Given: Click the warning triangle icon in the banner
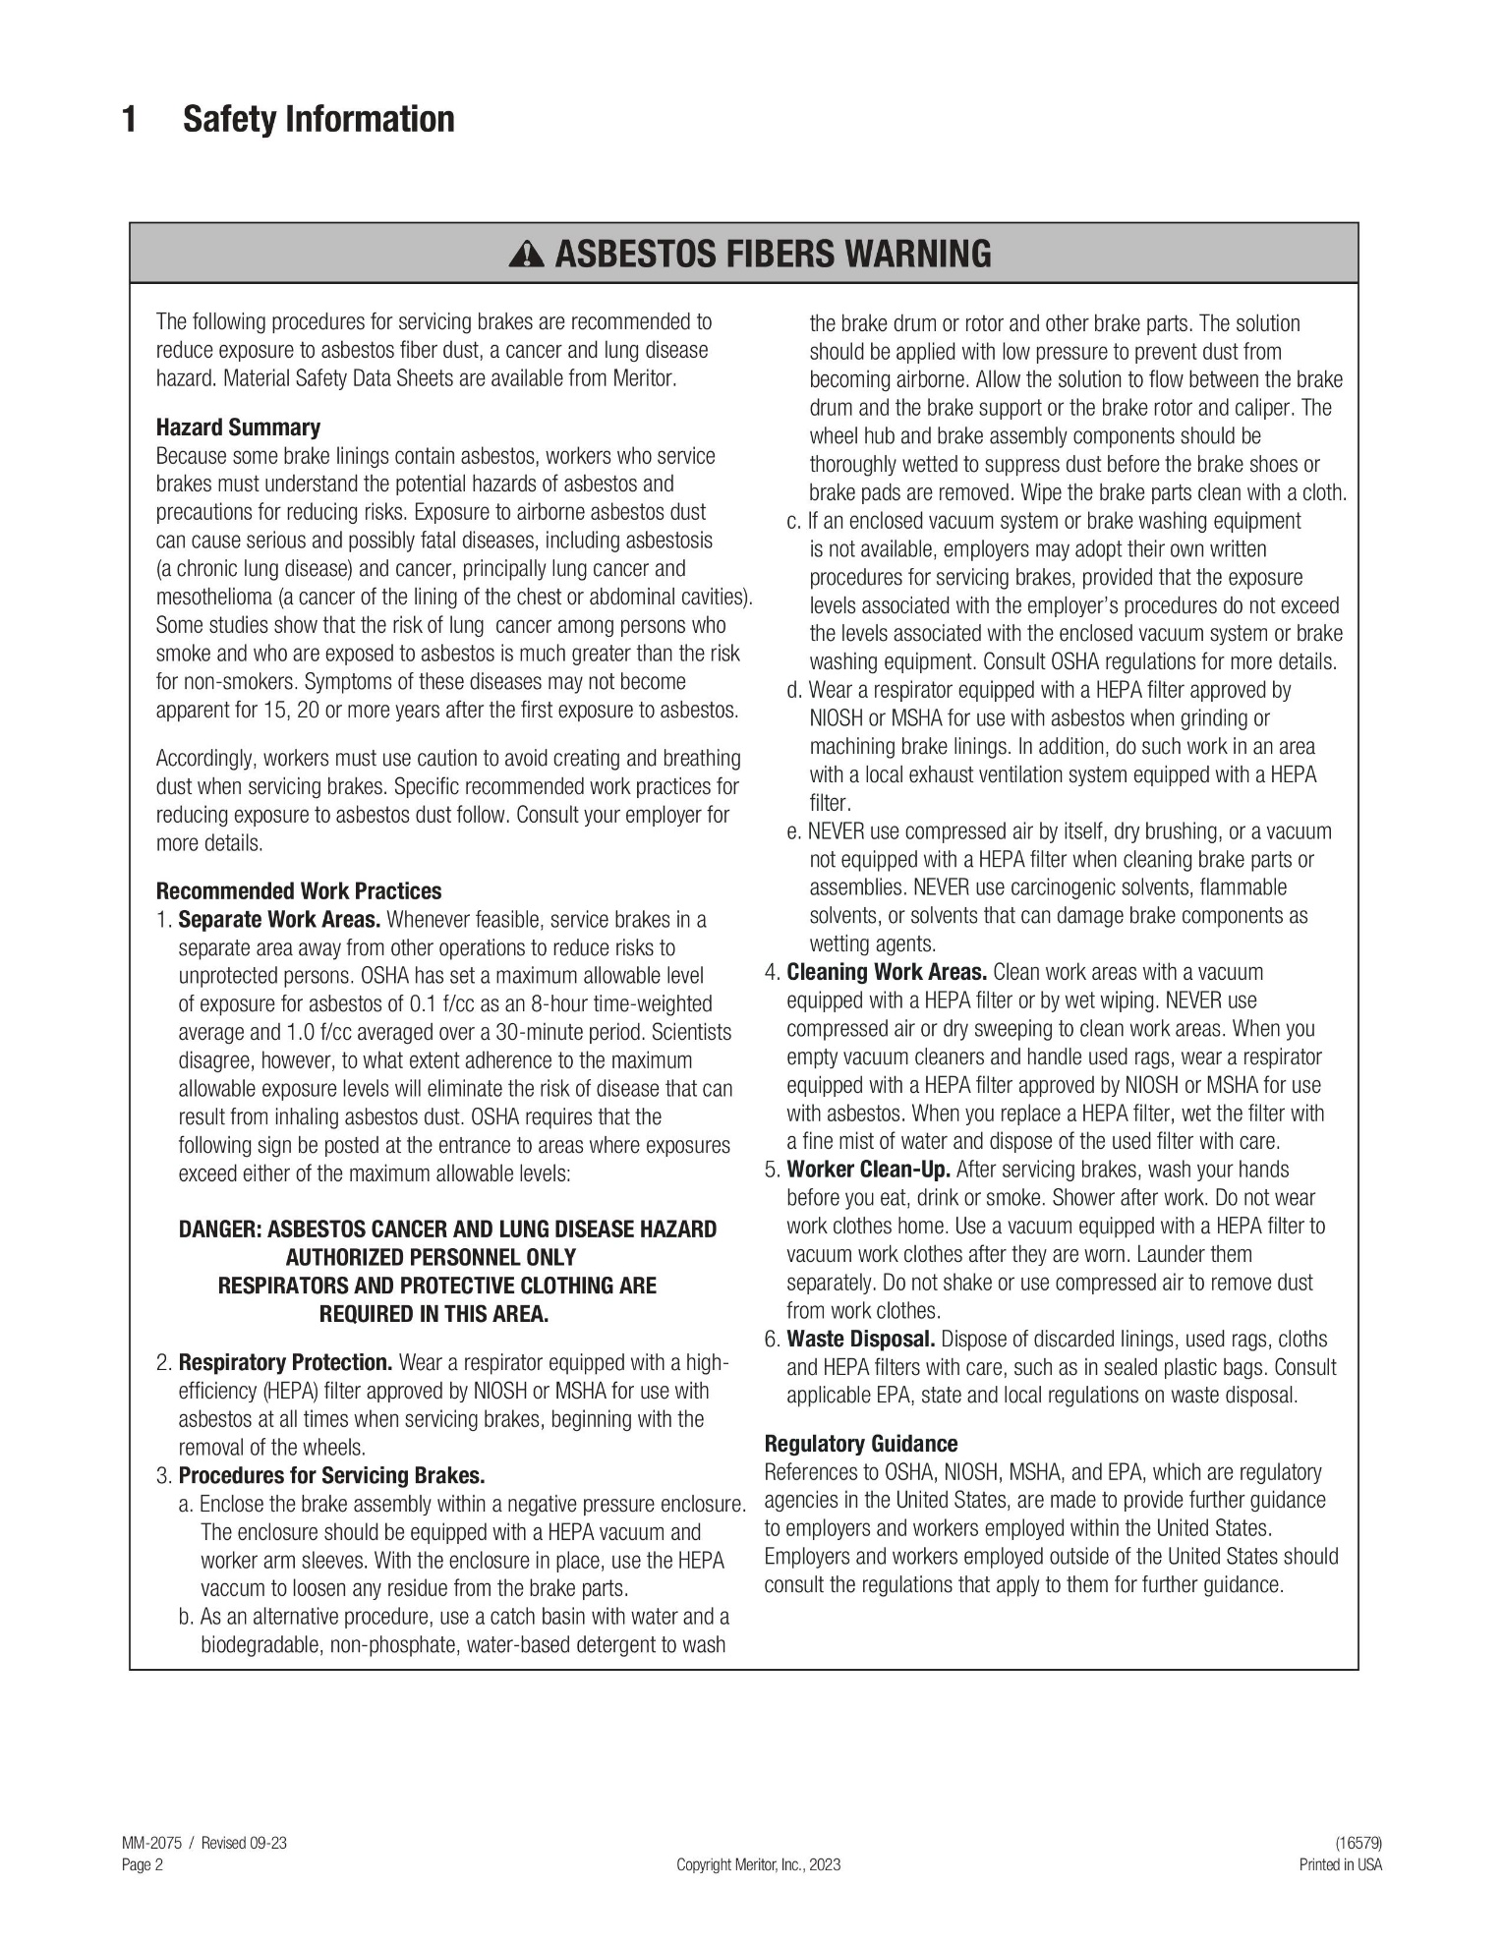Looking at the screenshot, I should [527, 256].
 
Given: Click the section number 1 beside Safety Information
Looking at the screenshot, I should [129, 120].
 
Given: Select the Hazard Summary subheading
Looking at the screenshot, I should [238, 428].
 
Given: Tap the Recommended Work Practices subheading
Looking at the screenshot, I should [299, 891].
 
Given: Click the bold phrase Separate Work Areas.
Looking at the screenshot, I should [279, 920].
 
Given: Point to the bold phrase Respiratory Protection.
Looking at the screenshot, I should [285, 1363].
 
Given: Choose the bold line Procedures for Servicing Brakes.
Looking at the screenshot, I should [331, 1476].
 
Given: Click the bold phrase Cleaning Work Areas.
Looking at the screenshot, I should [887, 973].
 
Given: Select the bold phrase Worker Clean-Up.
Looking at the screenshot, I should [868, 1171].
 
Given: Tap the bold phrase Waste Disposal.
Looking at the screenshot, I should [861, 1340].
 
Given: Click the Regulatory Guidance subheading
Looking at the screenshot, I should [861, 1444].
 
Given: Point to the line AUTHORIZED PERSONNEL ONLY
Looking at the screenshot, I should [431, 1258].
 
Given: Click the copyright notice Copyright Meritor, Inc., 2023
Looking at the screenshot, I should [758, 1865].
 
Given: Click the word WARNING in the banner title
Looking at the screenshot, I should [919, 255].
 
